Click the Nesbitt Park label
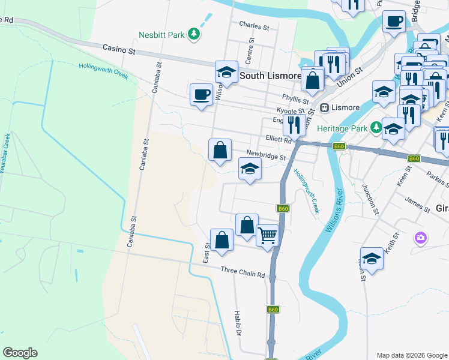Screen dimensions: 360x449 point(161,35)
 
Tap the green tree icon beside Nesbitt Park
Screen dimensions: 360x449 point(194,35)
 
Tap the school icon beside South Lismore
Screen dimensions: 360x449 point(226,72)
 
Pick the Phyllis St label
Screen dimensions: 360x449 point(295,98)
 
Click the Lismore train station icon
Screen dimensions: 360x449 point(324,108)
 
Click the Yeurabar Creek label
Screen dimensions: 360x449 point(5,154)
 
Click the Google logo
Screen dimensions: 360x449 point(20,353)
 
